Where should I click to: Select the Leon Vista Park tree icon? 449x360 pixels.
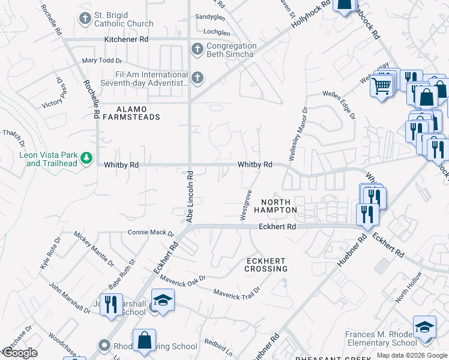(88, 158)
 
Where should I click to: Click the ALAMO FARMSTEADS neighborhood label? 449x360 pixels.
(130, 113)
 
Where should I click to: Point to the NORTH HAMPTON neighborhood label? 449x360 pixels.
(275, 206)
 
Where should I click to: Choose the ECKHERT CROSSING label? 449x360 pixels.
(266, 265)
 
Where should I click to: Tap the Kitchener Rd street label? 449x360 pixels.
(126, 39)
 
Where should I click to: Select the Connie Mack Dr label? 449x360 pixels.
(150, 233)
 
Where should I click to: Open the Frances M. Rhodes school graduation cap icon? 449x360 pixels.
(424, 327)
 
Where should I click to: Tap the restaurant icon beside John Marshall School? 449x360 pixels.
(111, 304)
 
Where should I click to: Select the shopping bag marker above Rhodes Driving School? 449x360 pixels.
(144, 340)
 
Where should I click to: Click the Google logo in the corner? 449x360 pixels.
(20, 353)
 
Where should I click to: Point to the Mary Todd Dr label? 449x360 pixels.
(102, 61)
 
